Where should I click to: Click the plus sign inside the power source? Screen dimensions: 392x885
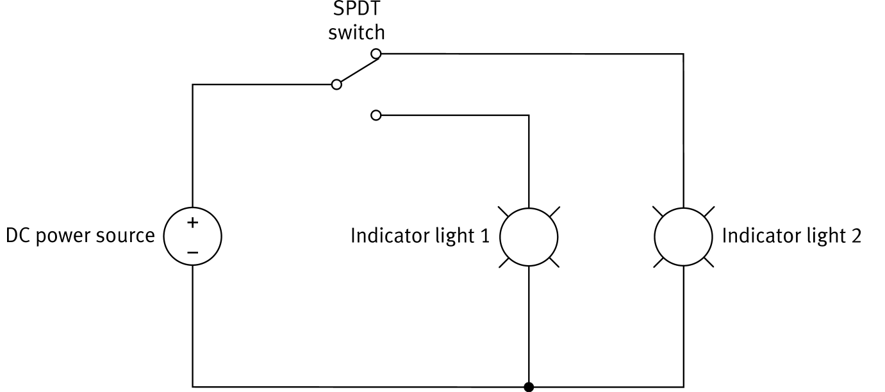(x=192, y=223)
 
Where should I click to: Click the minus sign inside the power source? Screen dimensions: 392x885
(x=192, y=252)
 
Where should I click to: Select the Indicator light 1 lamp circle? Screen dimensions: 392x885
(x=529, y=236)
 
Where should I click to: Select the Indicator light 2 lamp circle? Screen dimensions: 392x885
(x=683, y=236)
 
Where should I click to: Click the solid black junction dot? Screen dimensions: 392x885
(x=529, y=387)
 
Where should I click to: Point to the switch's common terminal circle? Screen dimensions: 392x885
(x=336, y=85)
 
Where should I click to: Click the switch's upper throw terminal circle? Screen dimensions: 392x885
(x=377, y=53)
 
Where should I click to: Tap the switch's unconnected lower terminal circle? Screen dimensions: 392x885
(x=376, y=115)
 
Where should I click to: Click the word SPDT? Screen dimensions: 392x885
(x=356, y=10)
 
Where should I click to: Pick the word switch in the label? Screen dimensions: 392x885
(x=356, y=32)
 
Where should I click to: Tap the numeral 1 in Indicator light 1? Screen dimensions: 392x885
(x=485, y=236)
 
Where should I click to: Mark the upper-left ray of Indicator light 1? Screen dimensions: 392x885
(x=503, y=211)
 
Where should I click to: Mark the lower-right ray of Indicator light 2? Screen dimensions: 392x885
(x=709, y=263)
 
